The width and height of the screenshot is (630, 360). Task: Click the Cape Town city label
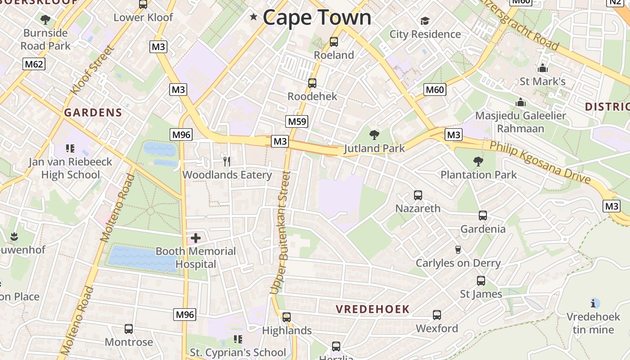317,18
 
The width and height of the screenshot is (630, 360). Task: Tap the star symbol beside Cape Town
254,17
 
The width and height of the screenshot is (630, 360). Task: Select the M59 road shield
297,121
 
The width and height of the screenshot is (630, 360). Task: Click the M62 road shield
34,64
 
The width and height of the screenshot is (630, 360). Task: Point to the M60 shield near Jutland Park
435,90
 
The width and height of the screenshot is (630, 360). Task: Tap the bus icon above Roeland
334,42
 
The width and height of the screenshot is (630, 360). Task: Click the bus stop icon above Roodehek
312,83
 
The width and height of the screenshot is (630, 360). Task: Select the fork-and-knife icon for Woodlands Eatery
227,161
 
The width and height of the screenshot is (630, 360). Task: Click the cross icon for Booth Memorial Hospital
196,238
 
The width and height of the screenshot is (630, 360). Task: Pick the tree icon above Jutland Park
374,135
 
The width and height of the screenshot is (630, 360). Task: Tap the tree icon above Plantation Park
478,161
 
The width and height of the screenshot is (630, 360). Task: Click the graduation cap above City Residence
425,21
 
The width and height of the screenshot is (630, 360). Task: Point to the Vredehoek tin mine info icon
595,303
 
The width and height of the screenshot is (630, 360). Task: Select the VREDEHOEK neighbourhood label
373,309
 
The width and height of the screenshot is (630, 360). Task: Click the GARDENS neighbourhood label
93,112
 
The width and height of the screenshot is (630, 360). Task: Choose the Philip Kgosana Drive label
540,162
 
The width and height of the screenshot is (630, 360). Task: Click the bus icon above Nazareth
418,195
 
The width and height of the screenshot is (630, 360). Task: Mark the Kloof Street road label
90,71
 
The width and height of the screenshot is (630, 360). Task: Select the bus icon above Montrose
129,329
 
